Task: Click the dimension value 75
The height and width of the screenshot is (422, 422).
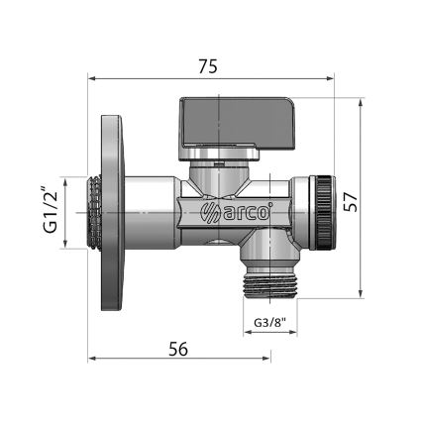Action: click(207, 66)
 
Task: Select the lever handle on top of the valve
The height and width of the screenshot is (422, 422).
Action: click(226, 124)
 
